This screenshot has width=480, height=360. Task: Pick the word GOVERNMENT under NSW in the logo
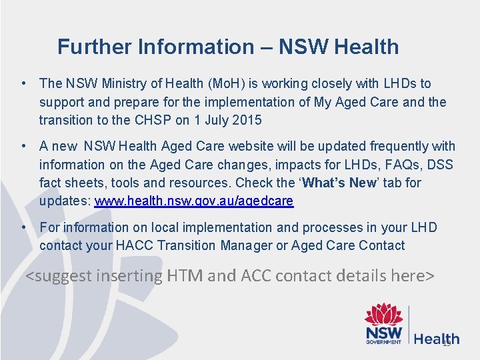click(383, 342)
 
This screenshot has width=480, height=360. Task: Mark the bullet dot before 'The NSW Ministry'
click(23, 83)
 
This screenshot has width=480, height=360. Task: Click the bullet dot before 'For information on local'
click(23, 227)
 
